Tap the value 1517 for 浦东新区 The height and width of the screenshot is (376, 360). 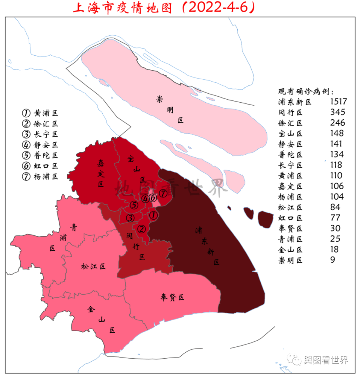coord(338,102)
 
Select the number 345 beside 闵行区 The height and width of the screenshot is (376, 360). coord(337,112)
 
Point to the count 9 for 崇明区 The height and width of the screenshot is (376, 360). coord(333,260)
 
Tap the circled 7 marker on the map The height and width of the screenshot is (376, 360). coord(163,194)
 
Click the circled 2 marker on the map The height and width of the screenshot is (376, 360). coord(141,228)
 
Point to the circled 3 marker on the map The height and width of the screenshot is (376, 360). coord(130,218)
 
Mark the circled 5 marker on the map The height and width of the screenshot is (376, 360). coord(134,205)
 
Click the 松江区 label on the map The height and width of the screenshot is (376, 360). coord(93,267)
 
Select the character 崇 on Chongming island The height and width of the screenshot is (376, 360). coord(160,99)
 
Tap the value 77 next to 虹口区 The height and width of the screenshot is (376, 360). coord(335,218)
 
